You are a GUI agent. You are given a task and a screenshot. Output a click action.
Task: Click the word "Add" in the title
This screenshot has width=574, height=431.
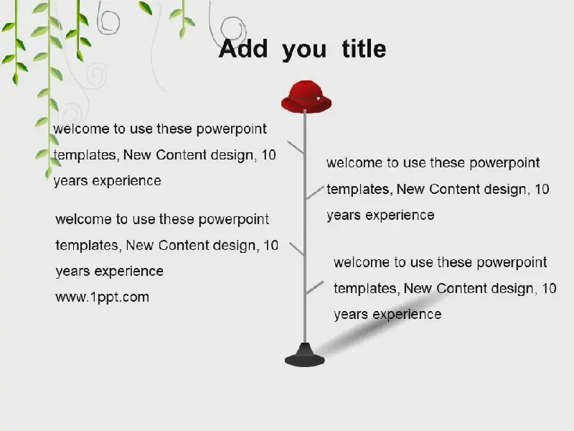[243, 49]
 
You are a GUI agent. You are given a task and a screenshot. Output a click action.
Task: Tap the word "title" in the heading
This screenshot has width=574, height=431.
[364, 49]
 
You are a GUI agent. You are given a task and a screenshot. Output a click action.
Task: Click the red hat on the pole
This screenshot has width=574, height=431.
[306, 96]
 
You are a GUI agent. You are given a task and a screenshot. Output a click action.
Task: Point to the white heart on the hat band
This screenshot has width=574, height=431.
[319, 98]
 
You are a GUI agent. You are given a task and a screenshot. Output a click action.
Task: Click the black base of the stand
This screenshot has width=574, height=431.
[304, 355]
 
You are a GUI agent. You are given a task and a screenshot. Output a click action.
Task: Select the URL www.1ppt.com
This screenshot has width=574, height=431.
[102, 297]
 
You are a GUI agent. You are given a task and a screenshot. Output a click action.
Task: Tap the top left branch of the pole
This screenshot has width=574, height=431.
[296, 147]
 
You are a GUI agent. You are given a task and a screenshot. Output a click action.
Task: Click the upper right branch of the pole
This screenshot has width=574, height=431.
[315, 193]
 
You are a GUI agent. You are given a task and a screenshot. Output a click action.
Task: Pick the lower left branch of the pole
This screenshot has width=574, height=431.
[296, 249]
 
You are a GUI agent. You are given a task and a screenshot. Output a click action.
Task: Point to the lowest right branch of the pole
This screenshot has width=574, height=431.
[315, 288]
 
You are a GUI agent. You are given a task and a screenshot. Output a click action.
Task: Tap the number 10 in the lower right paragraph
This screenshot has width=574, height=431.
[549, 289]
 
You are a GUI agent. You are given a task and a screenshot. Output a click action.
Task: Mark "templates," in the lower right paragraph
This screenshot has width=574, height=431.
[366, 289]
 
